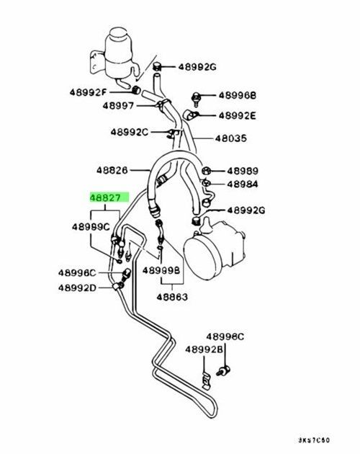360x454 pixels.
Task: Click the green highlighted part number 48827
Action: click(104, 198)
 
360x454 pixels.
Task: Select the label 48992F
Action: click(89, 93)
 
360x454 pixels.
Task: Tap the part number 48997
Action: click(118, 106)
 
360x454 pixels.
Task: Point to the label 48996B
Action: click(238, 95)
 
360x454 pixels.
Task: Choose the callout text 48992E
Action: click(238, 116)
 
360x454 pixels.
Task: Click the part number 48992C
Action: click(130, 133)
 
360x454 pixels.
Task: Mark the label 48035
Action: click(231, 138)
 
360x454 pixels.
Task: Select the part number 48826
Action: click(112, 170)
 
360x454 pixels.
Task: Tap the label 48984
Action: click(243, 184)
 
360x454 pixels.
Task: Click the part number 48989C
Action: click(91, 227)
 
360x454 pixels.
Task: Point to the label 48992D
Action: click(77, 288)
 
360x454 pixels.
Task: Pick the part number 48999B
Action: click(161, 271)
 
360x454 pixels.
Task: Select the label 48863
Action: click(172, 297)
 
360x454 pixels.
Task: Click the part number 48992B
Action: click(204, 350)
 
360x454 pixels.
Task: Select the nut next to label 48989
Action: click(205, 171)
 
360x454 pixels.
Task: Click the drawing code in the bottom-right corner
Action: click(314, 440)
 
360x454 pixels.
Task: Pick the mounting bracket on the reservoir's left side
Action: click(97, 63)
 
